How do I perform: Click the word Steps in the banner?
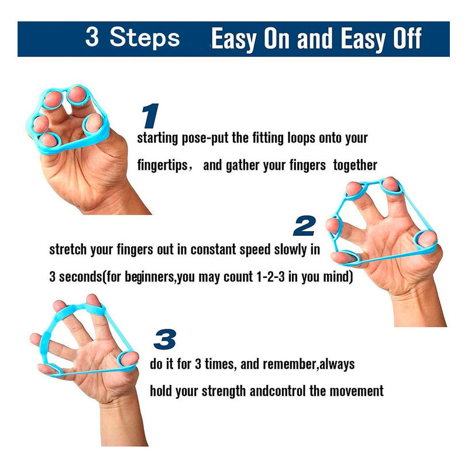[144, 38]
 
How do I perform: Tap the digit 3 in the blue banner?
[92, 36]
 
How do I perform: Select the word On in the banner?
[277, 38]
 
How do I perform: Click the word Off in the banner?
[407, 38]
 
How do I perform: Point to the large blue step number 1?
[150, 116]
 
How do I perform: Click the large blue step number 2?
[304, 226]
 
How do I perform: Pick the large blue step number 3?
[165, 339]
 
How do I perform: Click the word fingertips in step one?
[163, 166]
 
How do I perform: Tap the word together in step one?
[355, 165]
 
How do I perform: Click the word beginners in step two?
[150, 277]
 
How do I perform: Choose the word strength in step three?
[224, 391]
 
